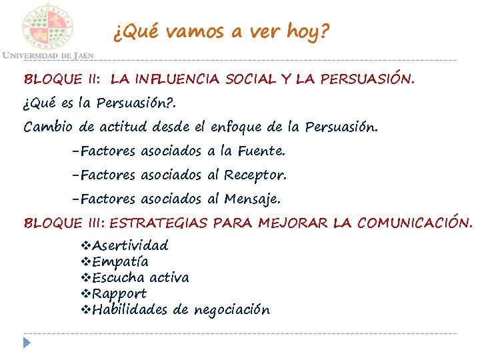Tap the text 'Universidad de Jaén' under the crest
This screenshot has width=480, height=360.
coord(47,55)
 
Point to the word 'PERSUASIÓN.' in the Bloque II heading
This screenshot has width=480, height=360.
coord(368,80)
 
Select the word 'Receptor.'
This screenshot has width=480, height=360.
coord(255,175)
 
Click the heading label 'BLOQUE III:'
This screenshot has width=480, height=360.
coord(65,223)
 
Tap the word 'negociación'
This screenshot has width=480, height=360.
coord(231,310)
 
